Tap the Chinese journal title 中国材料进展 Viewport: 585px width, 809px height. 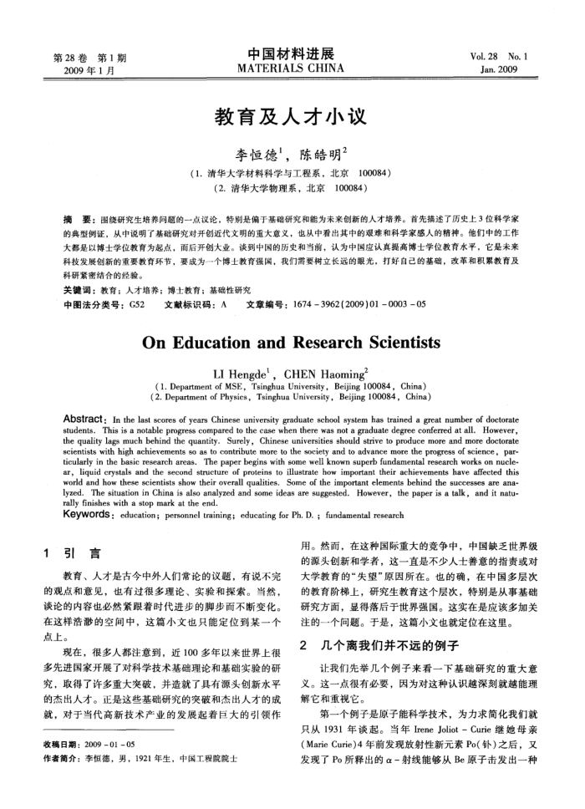coord(292,53)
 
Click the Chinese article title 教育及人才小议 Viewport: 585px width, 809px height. coord(292,115)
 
